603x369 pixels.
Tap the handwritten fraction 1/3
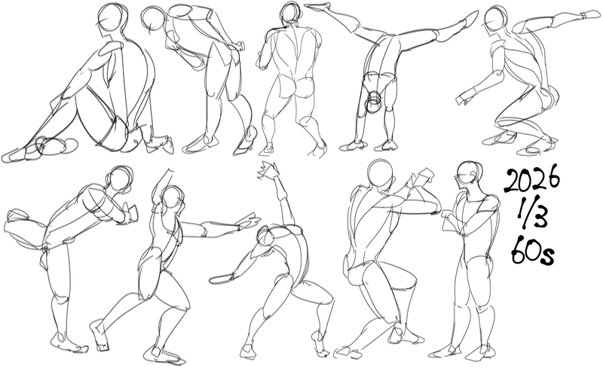[x=532, y=218]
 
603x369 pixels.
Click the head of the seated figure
[x=112, y=17]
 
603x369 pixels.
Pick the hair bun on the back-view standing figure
[x=293, y=24]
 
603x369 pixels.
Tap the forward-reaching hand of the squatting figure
[x=464, y=98]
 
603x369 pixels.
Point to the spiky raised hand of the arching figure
[x=268, y=169]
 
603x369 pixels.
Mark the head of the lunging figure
[x=173, y=200]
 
